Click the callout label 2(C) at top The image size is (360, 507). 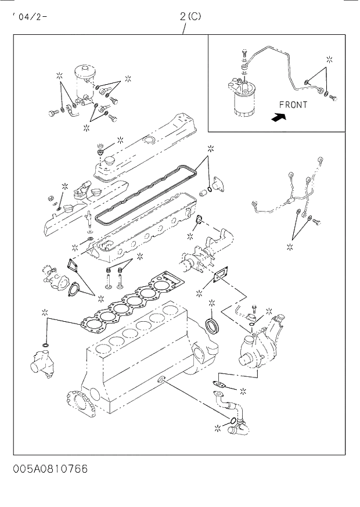[190, 17]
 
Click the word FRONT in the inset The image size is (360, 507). [293, 105]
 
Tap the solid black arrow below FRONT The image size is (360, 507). [279, 117]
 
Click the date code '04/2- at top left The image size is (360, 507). [29, 16]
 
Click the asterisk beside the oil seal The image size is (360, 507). [211, 303]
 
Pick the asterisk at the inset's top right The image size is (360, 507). [329, 59]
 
